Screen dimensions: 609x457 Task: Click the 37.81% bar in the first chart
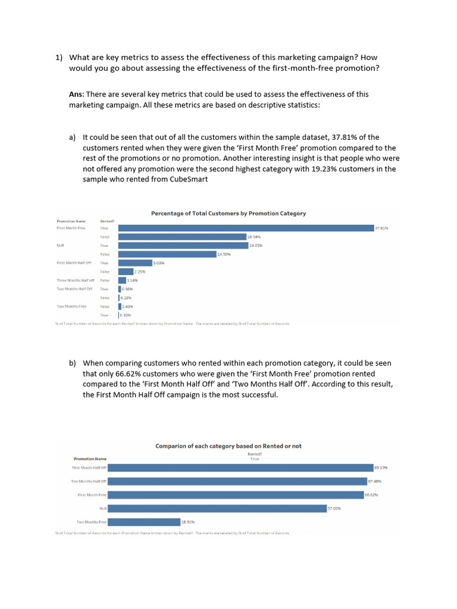[246, 228]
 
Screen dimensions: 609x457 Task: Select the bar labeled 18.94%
[182, 237]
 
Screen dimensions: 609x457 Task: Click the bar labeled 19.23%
[183, 245]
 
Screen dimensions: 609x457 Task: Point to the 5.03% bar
[135, 263]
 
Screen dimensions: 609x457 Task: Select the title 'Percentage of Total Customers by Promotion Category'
[228, 214]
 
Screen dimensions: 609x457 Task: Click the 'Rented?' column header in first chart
[107, 221]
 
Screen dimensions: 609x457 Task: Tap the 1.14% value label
[132, 280]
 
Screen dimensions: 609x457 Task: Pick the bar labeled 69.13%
[240, 468]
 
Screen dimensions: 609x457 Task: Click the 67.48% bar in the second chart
[237, 481]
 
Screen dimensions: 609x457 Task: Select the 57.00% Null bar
[217, 508]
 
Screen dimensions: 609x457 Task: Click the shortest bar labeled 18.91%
[143, 522]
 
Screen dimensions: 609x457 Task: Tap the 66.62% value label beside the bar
[371, 495]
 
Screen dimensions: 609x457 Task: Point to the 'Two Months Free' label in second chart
[91, 522]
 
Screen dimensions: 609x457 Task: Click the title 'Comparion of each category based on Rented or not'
[228, 446]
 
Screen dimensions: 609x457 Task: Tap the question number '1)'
[59, 58]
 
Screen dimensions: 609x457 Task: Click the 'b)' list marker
[73, 363]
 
